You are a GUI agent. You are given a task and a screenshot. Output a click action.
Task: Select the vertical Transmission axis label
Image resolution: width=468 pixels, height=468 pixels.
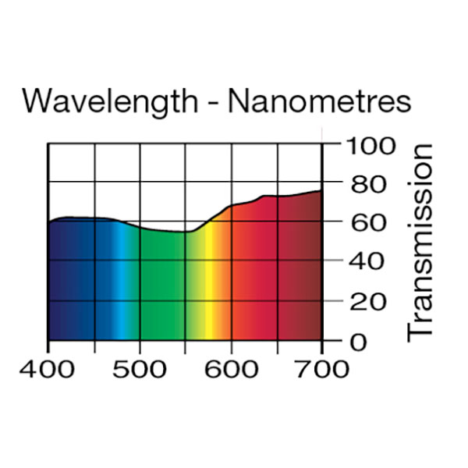click(420, 242)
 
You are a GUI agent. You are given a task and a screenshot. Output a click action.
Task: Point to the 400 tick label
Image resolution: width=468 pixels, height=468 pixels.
click(48, 368)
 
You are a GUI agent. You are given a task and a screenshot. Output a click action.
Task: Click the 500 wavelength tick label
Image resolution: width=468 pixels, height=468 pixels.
click(140, 368)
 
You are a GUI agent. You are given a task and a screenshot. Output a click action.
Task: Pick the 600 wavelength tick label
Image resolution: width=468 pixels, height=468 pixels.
click(232, 368)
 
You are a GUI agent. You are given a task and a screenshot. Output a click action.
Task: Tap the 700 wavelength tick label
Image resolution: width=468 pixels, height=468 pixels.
click(322, 368)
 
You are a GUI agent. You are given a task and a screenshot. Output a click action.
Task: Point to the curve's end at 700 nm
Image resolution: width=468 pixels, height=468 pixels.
click(321, 190)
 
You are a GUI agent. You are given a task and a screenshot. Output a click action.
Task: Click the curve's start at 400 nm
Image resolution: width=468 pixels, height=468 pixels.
click(49, 222)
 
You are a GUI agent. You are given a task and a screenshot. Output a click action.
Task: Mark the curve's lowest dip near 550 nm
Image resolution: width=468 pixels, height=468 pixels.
click(187, 232)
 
